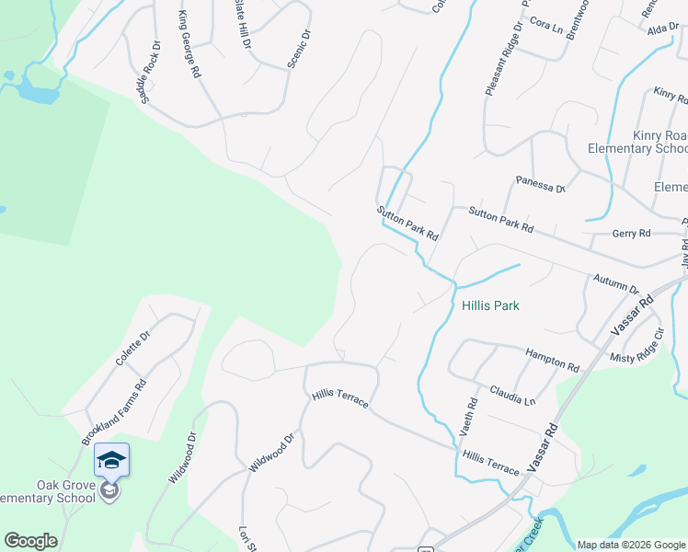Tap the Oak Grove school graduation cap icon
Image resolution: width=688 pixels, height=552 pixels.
[111, 459]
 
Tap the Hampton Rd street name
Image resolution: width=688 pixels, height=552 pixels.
[552, 360]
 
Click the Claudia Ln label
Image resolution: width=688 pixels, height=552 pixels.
[512, 395]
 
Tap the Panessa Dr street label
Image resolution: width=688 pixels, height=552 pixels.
[540, 184]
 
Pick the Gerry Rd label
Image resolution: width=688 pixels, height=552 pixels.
[632, 234]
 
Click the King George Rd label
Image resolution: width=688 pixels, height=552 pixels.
[189, 43]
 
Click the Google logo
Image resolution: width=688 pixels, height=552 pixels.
[30, 541]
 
